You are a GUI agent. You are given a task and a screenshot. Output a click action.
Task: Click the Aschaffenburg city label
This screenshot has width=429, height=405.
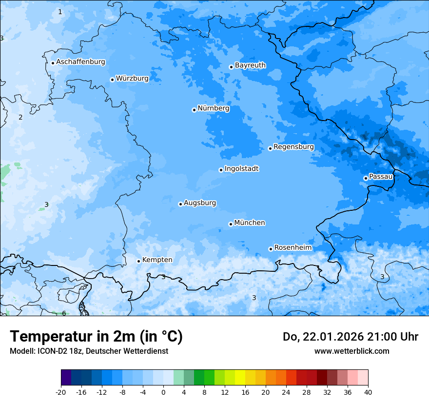(x=80, y=62)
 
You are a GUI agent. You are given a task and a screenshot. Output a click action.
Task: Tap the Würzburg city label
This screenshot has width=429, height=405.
(x=132, y=79)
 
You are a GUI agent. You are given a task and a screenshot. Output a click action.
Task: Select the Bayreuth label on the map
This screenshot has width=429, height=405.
(x=250, y=65)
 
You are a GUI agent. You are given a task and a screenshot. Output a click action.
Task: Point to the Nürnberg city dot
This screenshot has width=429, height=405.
(x=194, y=110)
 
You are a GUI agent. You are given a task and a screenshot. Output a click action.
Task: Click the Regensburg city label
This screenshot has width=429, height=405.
(x=293, y=147)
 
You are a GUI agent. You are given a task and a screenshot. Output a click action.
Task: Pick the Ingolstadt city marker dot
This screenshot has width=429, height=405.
(x=221, y=170)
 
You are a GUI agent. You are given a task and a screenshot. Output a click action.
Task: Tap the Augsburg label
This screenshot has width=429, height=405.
(x=200, y=203)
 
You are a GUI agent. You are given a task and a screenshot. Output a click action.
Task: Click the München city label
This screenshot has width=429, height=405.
(x=250, y=223)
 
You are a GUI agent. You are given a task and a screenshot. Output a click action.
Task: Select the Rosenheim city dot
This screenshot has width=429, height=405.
(x=271, y=249)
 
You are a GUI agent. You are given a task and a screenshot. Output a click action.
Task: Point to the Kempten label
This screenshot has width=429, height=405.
(x=157, y=260)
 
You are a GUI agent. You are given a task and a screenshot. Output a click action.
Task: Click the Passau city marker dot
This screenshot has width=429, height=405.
(x=366, y=178)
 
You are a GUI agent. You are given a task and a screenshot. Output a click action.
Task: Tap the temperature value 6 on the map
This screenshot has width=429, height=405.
(x=64, y=313)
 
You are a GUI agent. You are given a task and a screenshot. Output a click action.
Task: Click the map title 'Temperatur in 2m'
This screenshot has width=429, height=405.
(x=96, y=337)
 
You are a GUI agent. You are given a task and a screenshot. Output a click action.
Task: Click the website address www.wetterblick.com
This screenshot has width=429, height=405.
(x=351, y=351)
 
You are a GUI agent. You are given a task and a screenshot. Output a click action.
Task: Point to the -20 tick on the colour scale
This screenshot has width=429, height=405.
(x=61, y=392)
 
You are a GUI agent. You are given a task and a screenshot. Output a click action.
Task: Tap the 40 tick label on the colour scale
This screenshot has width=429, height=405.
(x=368, y=392)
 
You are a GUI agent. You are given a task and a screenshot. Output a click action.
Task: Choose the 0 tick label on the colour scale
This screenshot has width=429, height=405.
(x=163, y=392)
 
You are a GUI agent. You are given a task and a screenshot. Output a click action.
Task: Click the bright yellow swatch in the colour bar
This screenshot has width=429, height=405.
(x=240, y=378)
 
